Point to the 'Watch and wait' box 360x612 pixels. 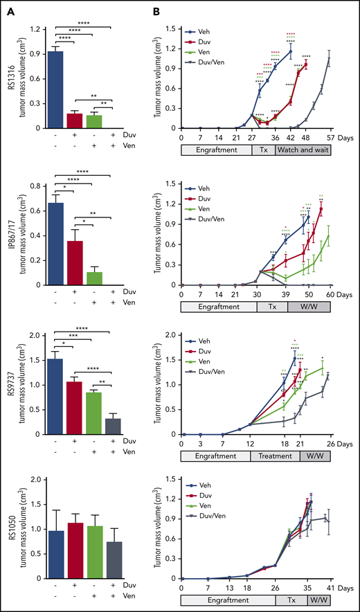[x=302, y=150]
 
